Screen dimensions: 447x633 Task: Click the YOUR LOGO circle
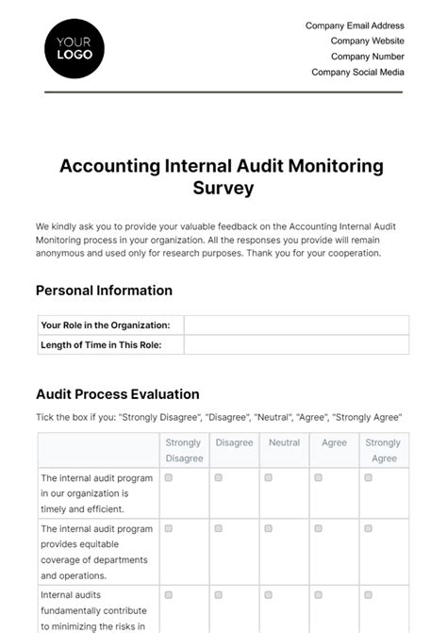pyautogui.click(x=74, y=48)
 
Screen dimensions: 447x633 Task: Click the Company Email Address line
pyautogui.click(x=355, y=26)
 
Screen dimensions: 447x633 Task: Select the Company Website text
pyautogui.click(x=367, y=42)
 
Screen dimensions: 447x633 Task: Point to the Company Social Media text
pyautogui.click(x=357, y=72)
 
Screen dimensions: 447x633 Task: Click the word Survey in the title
pyautogui.click(x=223, y=188)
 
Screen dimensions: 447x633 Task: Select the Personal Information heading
pyautogui.click(x=104, y=291)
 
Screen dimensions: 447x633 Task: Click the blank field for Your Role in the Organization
pyautogui.click(x=296, y=325)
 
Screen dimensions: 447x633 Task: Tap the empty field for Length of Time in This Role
pyautogui.click(x=296, y=344)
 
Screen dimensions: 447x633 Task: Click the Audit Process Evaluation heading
pyautogui.click(x=117, y=394)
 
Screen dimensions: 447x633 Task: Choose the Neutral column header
pyautogui.click(x=284, y=442)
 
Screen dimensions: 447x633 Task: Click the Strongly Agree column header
pyautogui.click(x=383, y=450)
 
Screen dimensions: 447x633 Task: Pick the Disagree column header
pyautogui.click(x=234, y=442)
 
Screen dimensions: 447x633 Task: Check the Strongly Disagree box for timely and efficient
pyautogui.click(x=169, y=478)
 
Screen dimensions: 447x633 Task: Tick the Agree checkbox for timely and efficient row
pyautogui.click(x=319, y=478)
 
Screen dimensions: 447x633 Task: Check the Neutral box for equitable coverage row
pyautogui.click(x=269, y=529)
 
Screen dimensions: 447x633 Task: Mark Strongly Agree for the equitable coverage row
pyautogui.click(x=369, y=529)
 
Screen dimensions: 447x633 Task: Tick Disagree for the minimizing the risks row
pyautogui.click(x=219, y=595)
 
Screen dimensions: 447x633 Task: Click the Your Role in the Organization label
pyautogui.click(x=106, y=325)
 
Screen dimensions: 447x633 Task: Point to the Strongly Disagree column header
pyautogui.click(x=184, y=450)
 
